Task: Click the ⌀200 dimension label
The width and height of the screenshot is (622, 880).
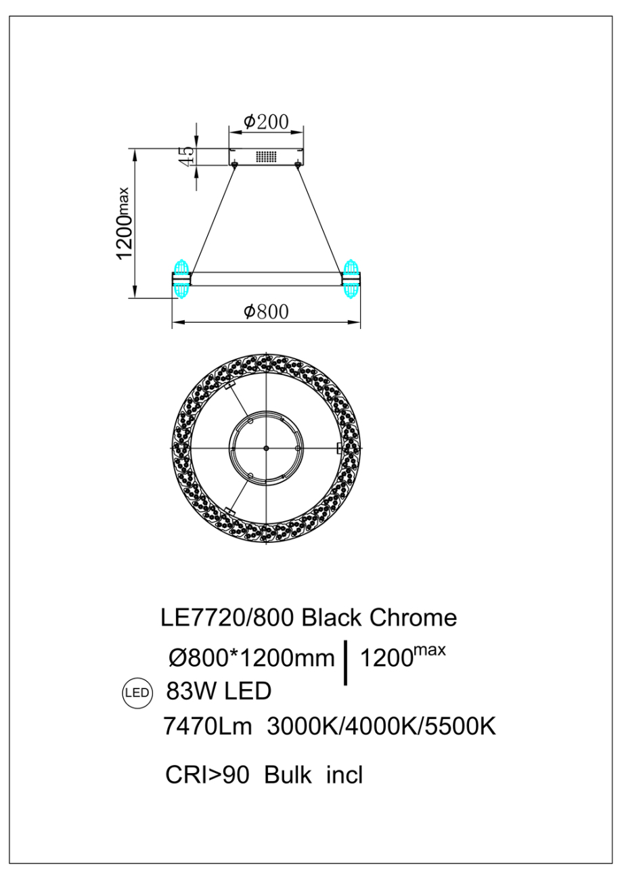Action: tap(266, 122)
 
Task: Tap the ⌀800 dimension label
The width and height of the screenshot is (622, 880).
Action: tap(266, 311)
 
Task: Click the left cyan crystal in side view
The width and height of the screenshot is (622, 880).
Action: tap(181, 278)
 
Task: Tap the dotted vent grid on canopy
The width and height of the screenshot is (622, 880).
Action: tap(266, 156)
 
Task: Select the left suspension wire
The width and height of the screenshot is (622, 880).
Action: tap(213, 218)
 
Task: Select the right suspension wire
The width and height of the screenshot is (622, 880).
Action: tap(319, 218)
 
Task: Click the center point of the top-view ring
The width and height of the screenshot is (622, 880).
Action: tap(266, 448)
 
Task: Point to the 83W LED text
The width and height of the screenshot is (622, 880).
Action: tap(217, 692)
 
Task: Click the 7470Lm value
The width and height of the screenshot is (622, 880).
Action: tap(208, 728)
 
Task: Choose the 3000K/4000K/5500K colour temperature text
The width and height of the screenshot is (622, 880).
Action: tap(382, 728)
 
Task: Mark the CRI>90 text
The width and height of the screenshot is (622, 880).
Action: tap(208, 774)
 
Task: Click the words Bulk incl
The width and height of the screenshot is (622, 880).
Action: tap(313, 774)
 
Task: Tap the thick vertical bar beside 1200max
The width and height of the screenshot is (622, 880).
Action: tap(347, 662)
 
